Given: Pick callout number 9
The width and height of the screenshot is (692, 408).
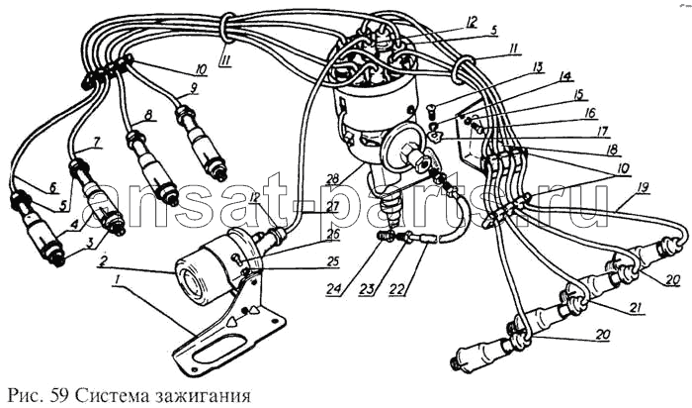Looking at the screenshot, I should (194, 88).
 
